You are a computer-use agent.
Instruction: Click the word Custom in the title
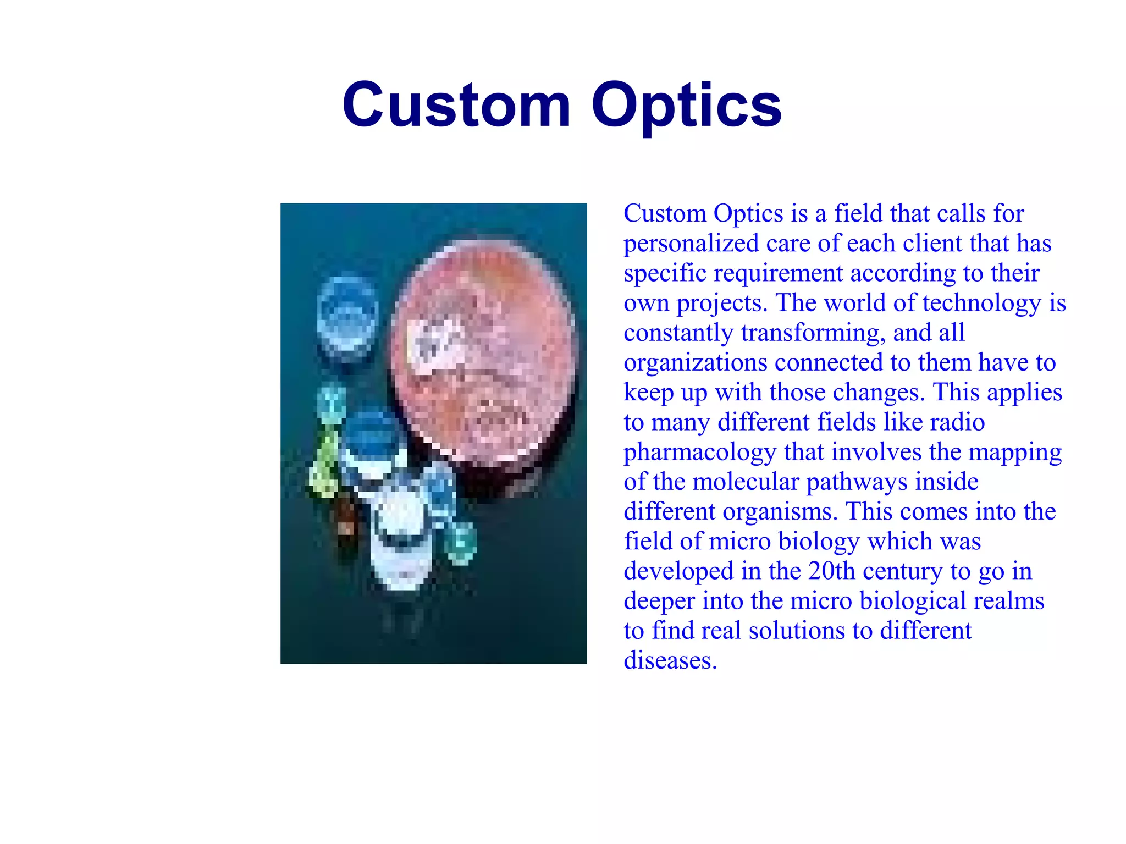(456, 104)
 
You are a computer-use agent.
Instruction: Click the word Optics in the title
(686, 104)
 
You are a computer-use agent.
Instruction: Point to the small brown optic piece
(346, 525)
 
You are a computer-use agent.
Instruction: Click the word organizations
(695, 362)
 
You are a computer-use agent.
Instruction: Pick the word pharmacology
(699, 452)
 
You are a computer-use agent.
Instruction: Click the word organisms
(780, 511)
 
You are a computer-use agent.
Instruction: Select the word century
(902, 571)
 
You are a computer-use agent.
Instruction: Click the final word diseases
(670, 660)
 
